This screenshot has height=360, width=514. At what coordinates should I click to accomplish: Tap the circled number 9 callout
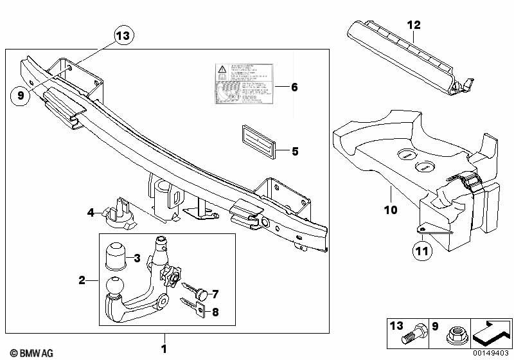click(x=21, y=94)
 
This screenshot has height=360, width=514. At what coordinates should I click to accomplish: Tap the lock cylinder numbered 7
click(x=200, y=294)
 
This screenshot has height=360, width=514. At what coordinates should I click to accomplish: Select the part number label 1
click(x=164, y=349)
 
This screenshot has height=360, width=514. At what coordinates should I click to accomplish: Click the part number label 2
click(x=82, y=280)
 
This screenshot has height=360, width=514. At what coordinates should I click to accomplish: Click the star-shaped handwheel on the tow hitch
click(x=172, y=276)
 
